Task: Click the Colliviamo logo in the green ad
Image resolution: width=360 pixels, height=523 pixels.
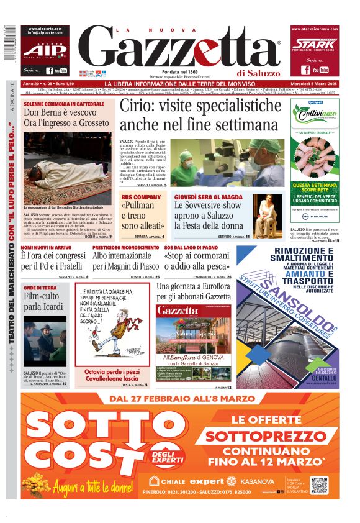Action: (x=315, y=116)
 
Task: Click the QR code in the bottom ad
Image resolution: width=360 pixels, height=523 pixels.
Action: (x=320, y=485)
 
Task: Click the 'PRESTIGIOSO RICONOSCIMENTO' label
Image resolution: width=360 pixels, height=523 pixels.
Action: (x=126, y=247)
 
